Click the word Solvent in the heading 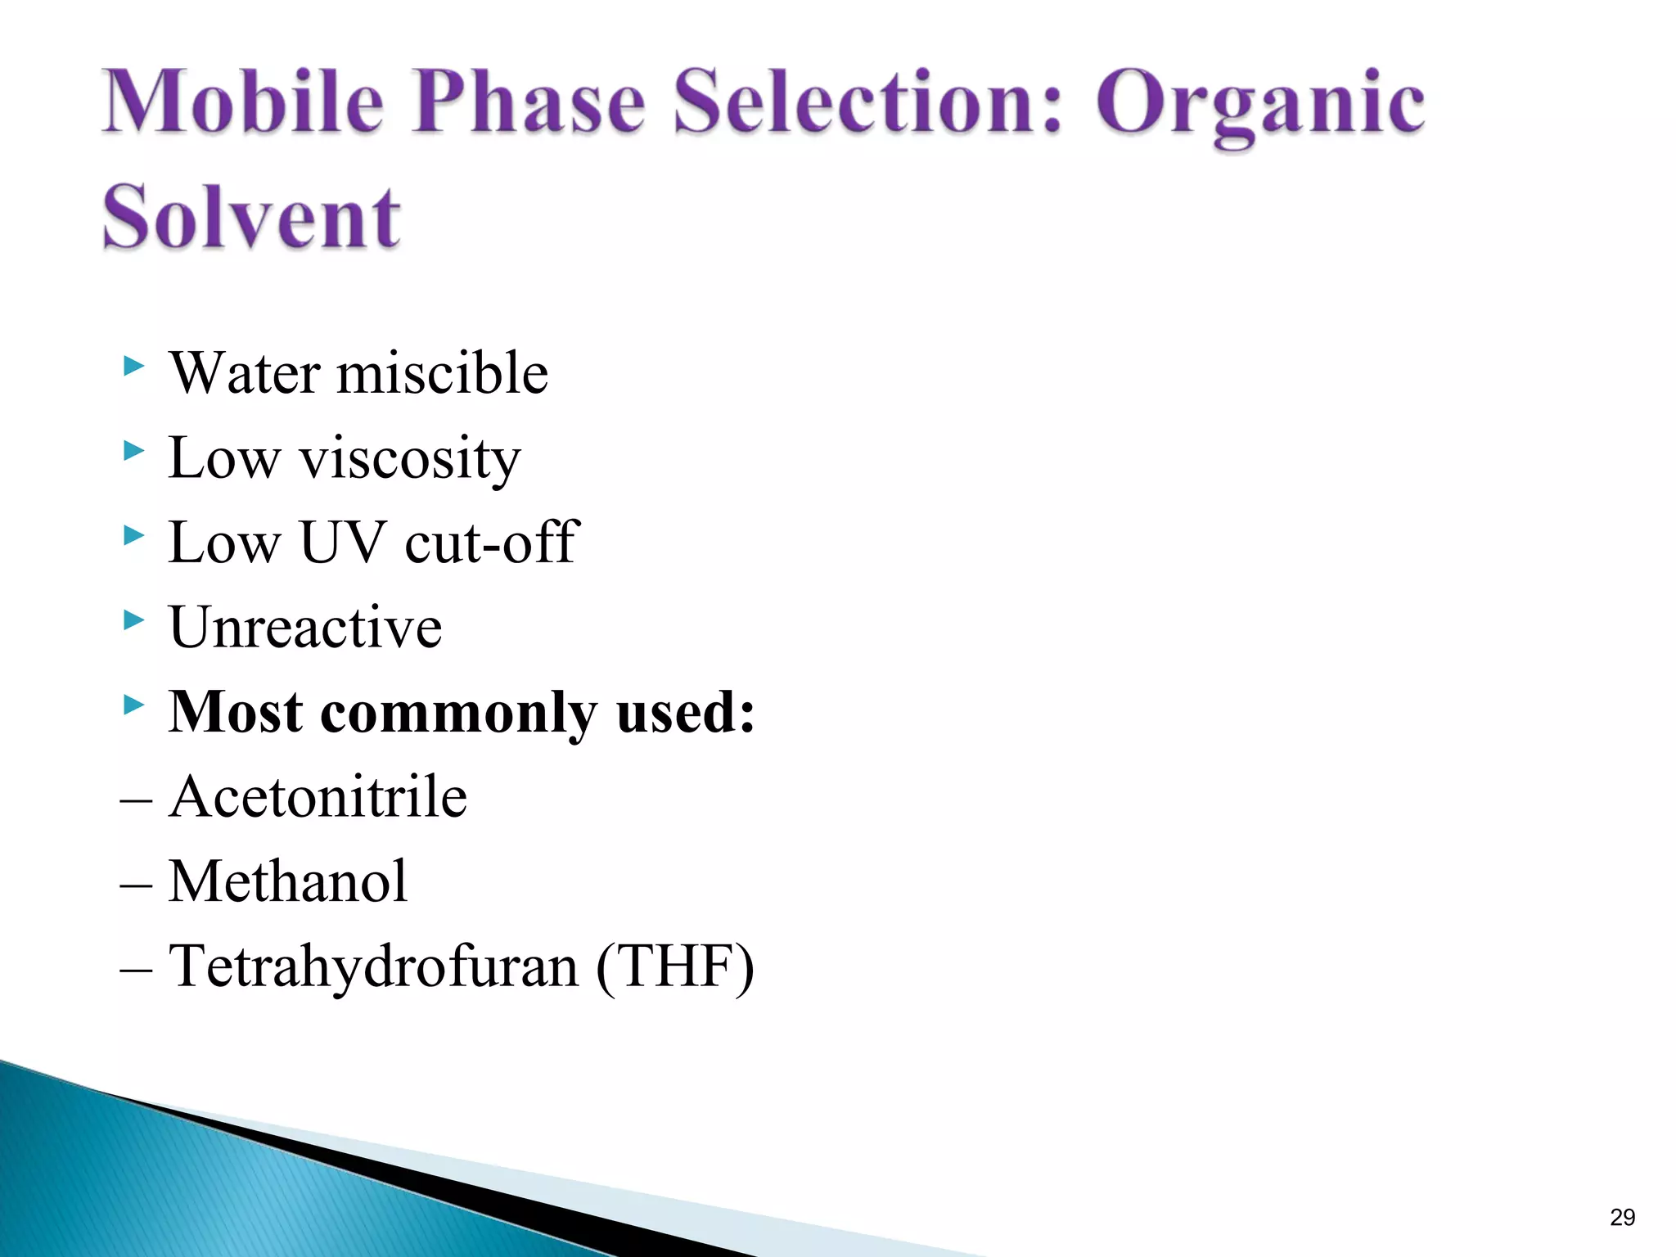coord(251,217)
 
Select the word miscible coord(442,373)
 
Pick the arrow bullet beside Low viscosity coord(133,450)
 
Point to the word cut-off coord(492,543)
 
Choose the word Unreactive coord(305,628)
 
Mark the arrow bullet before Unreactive coord(133,619)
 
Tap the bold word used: coord(685,712)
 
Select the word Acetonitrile coord(318,797)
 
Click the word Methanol coord(287,882)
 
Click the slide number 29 coord(1622,1218)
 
